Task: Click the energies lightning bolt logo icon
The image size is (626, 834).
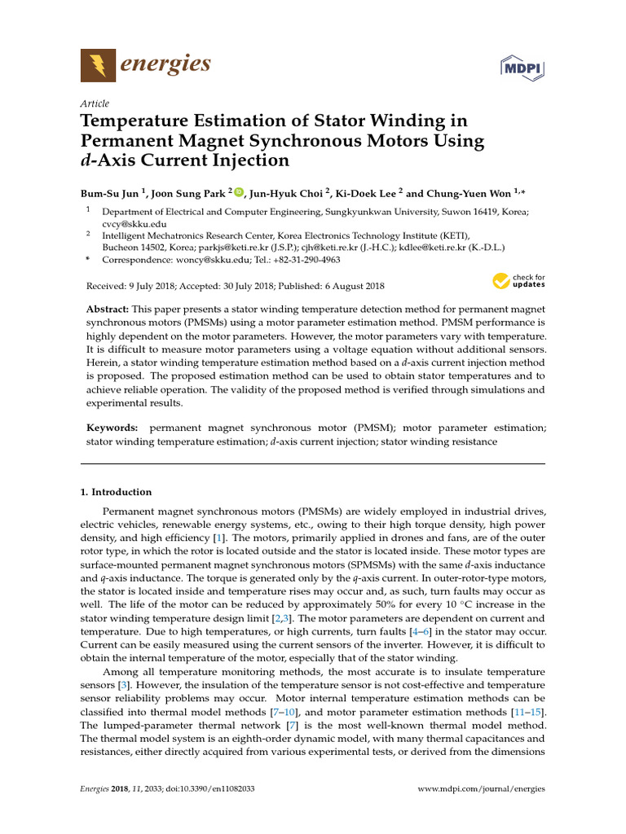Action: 98,64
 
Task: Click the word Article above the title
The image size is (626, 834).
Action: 95,103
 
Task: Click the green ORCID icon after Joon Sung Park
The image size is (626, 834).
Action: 239,192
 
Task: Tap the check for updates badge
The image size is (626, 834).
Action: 519,282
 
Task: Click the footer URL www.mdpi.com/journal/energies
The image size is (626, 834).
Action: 481,788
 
